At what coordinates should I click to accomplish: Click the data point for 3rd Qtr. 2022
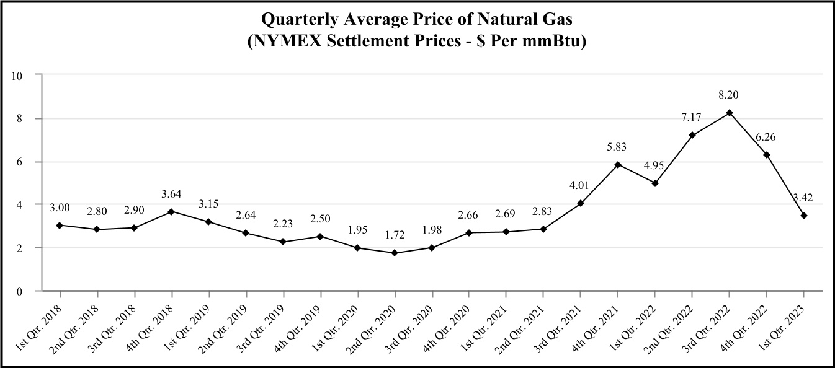click(x=730, y=113)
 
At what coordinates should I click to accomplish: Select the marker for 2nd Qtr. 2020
click(x=395, y=253)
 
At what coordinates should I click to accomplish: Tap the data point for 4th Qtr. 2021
click(x=618, y=164)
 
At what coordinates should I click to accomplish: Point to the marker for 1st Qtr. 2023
click(x=804, y=216)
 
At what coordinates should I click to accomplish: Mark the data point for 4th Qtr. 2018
click(x=171, y=211)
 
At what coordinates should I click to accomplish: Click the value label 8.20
click(x=729, y=95)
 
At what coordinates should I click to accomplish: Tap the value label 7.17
click(x=692, y=116)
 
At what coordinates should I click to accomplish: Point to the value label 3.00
click(x=60, y=208)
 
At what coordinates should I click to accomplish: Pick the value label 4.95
click(x=654, y=165)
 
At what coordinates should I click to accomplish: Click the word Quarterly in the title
click(x=297, y=20)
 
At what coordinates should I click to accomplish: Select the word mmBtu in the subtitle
click(x=553, y=43)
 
